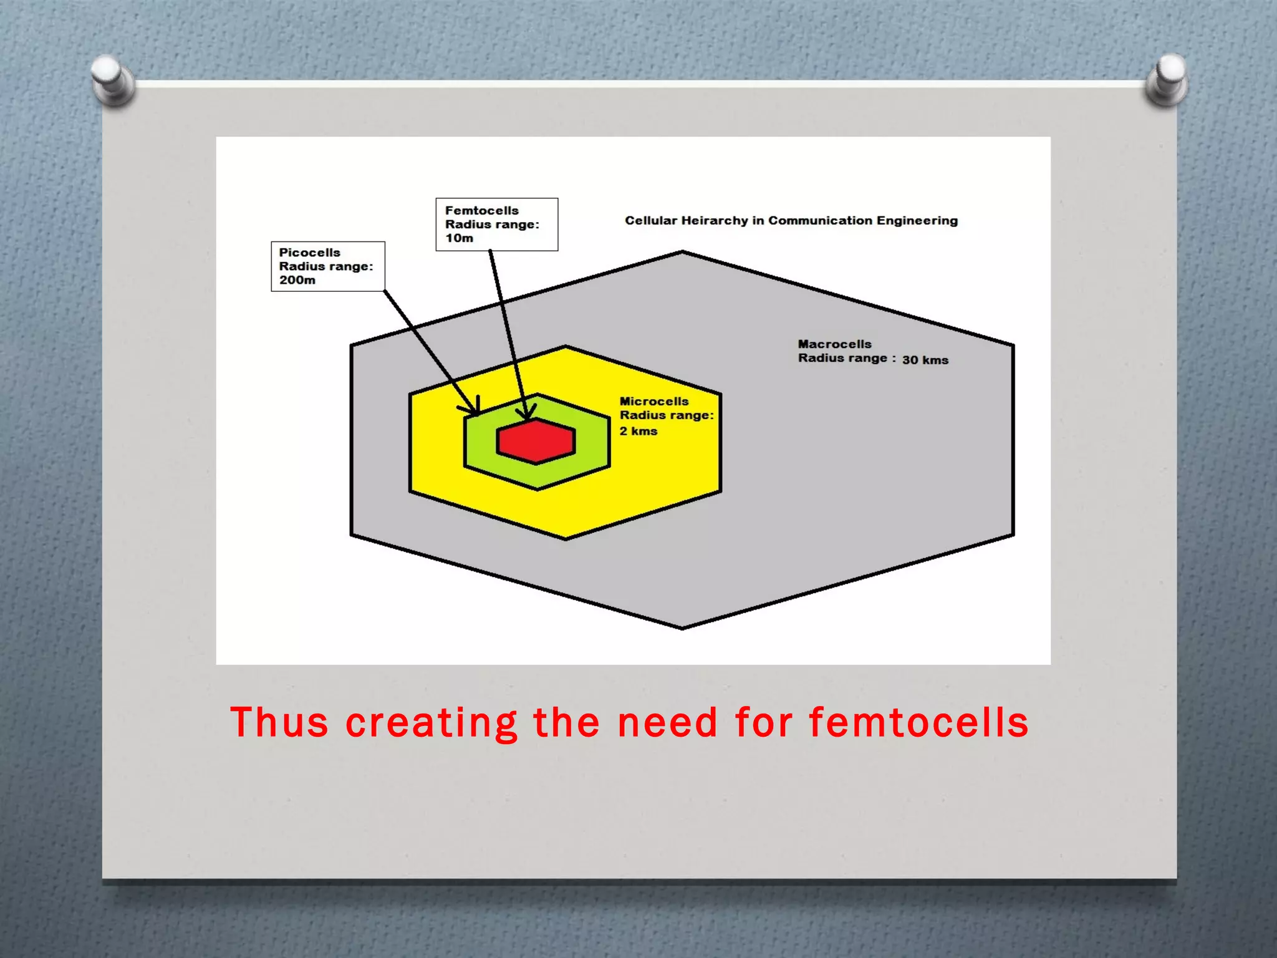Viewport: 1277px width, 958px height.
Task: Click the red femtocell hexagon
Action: coord(536,442)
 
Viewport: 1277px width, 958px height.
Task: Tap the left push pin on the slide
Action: coord(112,79)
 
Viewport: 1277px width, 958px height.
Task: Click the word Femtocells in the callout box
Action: coord(481,211)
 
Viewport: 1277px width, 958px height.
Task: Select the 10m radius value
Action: coord(459,238)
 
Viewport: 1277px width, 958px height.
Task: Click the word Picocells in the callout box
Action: coord(309,253)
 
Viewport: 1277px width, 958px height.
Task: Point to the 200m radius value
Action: coord(297,280)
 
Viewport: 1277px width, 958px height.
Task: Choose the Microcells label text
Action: coord(653,402)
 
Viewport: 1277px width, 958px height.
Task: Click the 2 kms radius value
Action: coord(638,431)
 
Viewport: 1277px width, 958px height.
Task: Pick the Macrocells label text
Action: coord(834,344)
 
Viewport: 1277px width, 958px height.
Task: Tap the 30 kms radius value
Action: coord(925,360)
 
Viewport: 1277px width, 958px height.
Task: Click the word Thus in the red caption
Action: coord(279,723)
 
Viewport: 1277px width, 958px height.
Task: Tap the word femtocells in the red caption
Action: coord(918,723)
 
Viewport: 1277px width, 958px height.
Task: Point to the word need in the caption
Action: coord(667,723)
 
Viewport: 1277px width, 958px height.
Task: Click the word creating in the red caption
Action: coord(431,723)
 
